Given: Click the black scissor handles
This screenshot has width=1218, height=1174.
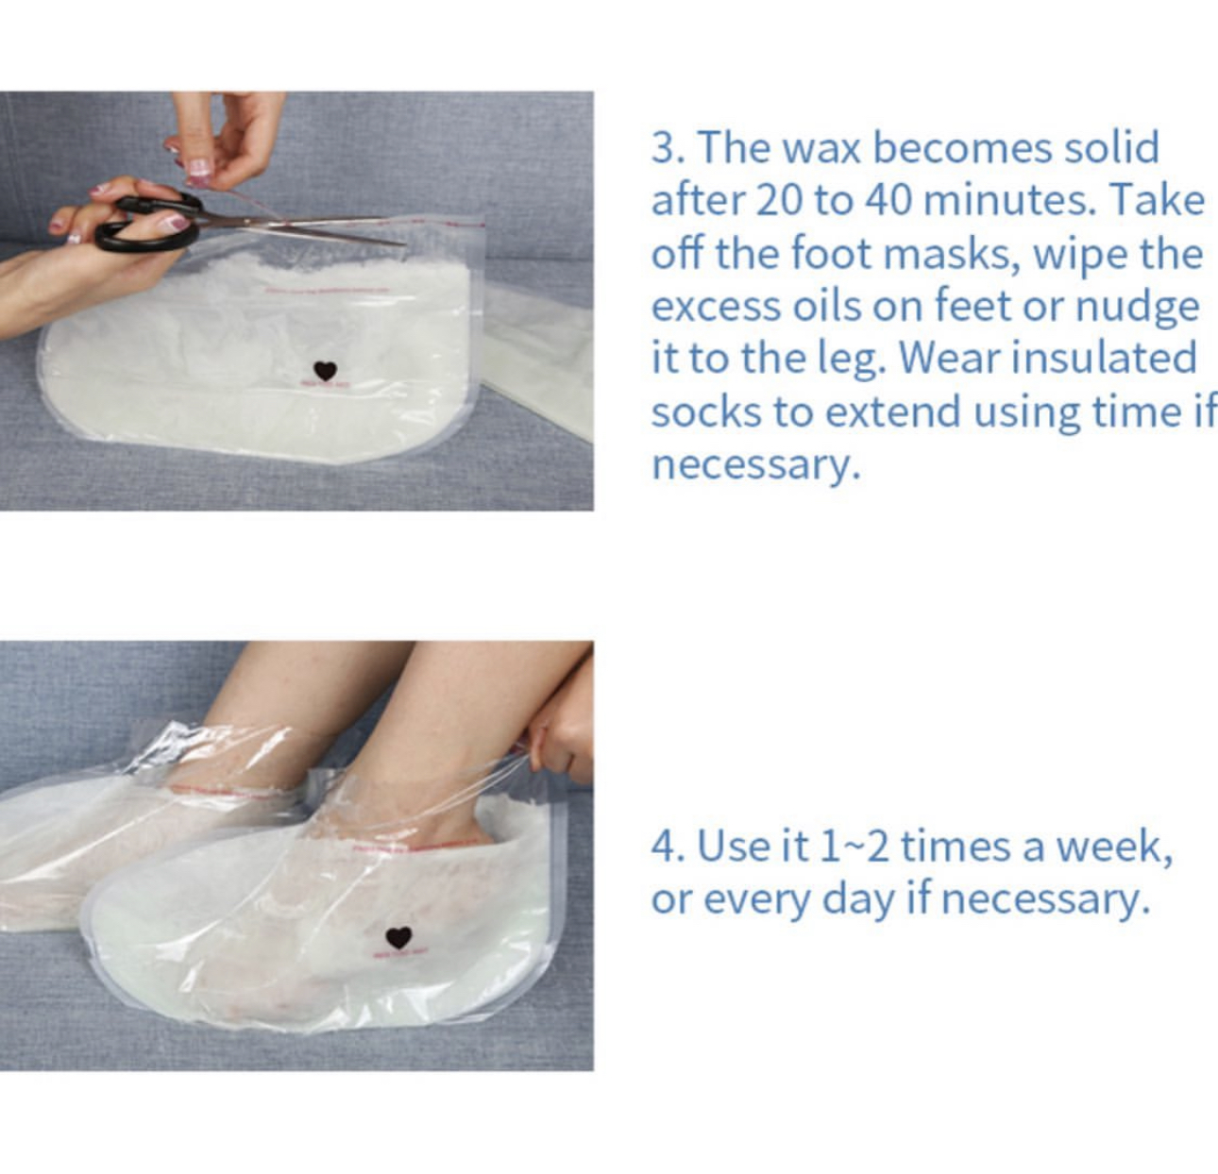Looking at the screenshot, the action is tap(147, 222).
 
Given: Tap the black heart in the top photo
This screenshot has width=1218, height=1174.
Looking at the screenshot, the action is tap(326, 371).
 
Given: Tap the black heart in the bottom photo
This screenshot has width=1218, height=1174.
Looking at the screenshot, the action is tap(398, 937).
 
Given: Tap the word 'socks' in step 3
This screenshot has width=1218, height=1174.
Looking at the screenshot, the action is tap(706, 411).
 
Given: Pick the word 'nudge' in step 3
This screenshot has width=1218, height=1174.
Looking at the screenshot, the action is tap(1137, 308).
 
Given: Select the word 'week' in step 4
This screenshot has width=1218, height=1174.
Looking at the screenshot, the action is tap(1114, 847).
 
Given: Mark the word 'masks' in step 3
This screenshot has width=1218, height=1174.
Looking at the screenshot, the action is tap(954, 255).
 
